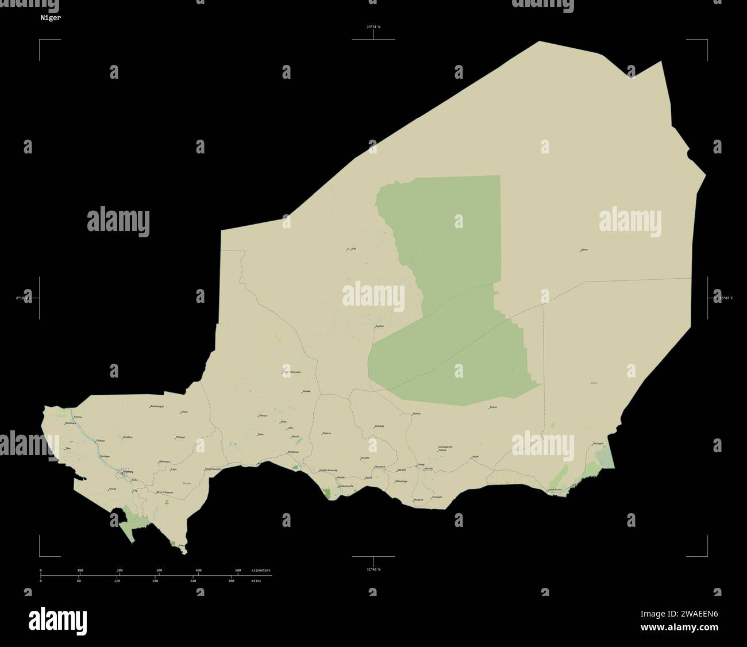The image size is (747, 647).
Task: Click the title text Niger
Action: [49, 18]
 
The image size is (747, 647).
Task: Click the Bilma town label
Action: [584, 250]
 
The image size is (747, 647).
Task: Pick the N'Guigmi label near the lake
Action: [598, 444]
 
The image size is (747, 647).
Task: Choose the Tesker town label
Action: [493, 407]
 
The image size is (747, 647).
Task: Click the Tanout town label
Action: [417, 413]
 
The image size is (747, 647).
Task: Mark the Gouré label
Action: [475, 456]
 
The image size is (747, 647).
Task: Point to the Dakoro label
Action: [326, 433]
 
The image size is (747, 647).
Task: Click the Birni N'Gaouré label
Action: [165, 492]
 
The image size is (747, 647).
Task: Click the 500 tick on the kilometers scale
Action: [238, 570]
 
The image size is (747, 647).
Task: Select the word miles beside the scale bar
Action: [256, 581]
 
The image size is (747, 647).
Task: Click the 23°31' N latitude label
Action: [373, 26]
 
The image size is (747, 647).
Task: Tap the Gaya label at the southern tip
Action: [182, 545]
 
